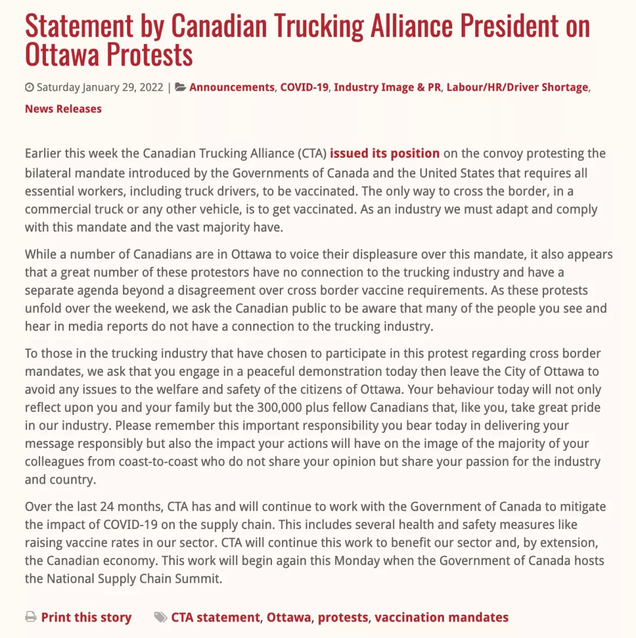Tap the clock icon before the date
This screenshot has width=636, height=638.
click(x=29, y=88)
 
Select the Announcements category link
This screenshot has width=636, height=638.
click(x=231, y=87)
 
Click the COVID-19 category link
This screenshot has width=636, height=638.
click(x=304, y=87)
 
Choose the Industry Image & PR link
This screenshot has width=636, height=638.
click(x=387, y=87)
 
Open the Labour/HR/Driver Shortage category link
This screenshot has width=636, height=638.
click(x=517, y=87)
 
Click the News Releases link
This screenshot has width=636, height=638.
click(x=63, y=108)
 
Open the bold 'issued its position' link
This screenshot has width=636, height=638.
click(x=385, y=154)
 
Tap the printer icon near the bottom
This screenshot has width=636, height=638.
click(x=31, y=617)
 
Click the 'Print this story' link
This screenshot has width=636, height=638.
click(x=86, y=617)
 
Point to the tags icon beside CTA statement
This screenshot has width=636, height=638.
click(x=160, y=617)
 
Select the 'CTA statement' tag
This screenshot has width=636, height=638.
click(x=215, y=617)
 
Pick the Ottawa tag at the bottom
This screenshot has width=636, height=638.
click(x=289, y=617)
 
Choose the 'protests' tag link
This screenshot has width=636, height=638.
click(x=343, y=617)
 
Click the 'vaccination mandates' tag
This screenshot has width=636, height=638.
click(x=441, y=617)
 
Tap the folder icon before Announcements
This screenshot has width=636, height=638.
click(x=181, y=88)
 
